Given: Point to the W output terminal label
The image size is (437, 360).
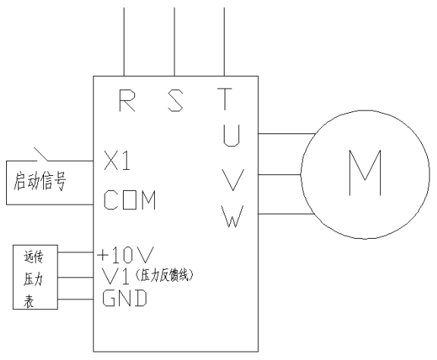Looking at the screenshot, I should click(233, 217).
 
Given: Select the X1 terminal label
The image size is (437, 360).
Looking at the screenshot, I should click(118, 161).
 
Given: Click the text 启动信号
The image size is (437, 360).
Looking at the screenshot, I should click(38, 182).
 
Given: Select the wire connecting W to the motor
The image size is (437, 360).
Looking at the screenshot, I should click(281, 214).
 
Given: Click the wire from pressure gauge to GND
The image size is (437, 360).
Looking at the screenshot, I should click(77, 299).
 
